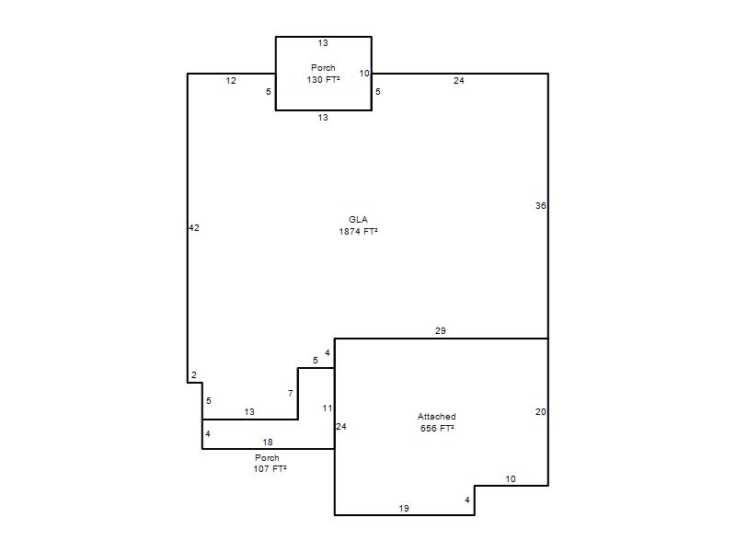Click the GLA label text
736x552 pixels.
[x=358, y=219]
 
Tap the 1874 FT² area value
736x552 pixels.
[x=359, y=232]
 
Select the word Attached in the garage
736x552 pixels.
[x=436, y=417]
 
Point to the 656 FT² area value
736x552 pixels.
[x=437, y=428]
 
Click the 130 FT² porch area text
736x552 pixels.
[x=324, y=80]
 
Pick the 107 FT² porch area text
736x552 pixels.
[x=270, y=468]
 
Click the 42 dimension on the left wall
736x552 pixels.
[x=194, y=227]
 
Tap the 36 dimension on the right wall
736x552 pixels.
[x=541, y=205]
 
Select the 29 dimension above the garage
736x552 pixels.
[x=441, y=330]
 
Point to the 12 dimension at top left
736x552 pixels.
[x=231, y=81]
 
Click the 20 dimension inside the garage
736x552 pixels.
[x=541, y=411]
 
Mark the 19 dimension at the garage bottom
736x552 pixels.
[x=404, y=508]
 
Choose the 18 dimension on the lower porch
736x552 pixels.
[x=268, y=443]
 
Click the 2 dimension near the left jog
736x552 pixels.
[x=194, y=375]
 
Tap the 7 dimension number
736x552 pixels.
[x=291, y=394]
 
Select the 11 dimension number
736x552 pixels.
[x=328, y=408]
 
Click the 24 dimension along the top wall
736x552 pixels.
[x=458, y=81]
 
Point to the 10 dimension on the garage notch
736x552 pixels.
[x=511, y=478]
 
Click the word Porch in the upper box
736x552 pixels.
[x=324, y=67]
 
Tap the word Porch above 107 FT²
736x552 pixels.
[x=267, y=457]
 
